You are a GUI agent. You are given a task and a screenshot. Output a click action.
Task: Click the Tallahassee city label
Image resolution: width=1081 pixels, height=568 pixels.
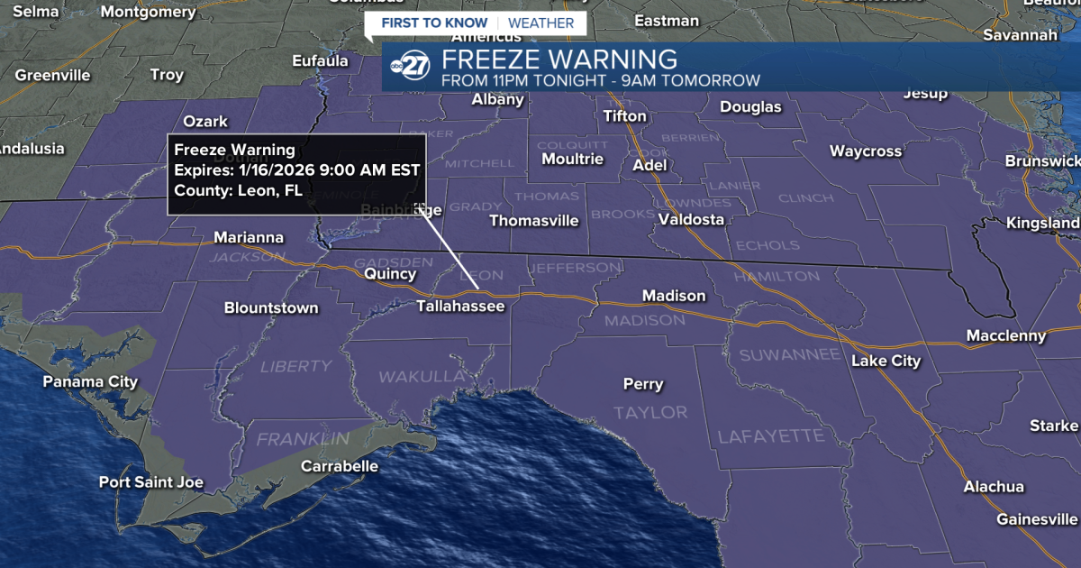click(x=460, y=307)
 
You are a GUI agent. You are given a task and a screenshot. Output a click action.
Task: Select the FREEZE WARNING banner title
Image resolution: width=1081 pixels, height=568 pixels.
click(x=559, y=60)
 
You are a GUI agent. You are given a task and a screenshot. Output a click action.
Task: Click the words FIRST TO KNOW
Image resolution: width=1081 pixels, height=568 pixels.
click(x=434, y=23)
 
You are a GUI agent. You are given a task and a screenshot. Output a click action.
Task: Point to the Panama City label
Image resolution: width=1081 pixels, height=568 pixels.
click(x=90, y=381)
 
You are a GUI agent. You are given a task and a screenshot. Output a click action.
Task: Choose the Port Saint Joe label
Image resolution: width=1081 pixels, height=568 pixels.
click(x=150, y=482)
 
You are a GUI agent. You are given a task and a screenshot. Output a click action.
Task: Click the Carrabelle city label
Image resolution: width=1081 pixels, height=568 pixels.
click(x=339, y=466)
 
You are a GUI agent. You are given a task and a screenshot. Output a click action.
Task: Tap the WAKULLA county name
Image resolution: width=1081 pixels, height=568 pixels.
click(x=422, y=376)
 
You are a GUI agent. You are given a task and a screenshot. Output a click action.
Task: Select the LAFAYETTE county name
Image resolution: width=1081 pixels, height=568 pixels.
click(x=770, y=436)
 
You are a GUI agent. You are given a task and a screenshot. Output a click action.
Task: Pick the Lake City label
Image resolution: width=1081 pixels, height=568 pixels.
click(x=886, y=361)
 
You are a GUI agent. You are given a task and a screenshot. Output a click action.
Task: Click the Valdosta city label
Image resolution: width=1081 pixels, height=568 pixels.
click(x=691, y=219)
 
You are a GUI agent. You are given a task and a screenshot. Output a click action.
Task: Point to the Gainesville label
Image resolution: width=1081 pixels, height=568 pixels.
click(x=1036, y=519)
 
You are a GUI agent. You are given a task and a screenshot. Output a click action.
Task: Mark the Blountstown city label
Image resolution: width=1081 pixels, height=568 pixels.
click(x=271, y=308)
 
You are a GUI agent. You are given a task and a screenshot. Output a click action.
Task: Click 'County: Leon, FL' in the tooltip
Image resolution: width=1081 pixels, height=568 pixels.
click(x=238, y=190)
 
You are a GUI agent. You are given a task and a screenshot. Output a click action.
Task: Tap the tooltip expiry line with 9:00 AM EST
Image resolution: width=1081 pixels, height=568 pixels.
click(x=296, y=169)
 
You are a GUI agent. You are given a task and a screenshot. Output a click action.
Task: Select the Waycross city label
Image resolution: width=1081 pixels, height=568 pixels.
click(x=865, y=151)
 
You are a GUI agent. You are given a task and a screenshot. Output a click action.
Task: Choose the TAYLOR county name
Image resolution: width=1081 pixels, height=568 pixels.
click(x=650, y=412)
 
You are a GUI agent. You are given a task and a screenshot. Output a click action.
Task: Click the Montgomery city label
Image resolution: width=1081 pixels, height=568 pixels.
click(x=148, y=12)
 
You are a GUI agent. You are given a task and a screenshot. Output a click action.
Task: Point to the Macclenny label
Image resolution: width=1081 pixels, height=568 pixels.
click(x=1006, y=335)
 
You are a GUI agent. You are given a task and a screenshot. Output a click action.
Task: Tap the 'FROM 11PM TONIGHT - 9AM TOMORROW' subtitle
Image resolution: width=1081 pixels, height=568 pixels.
click(x=600, y=81)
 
